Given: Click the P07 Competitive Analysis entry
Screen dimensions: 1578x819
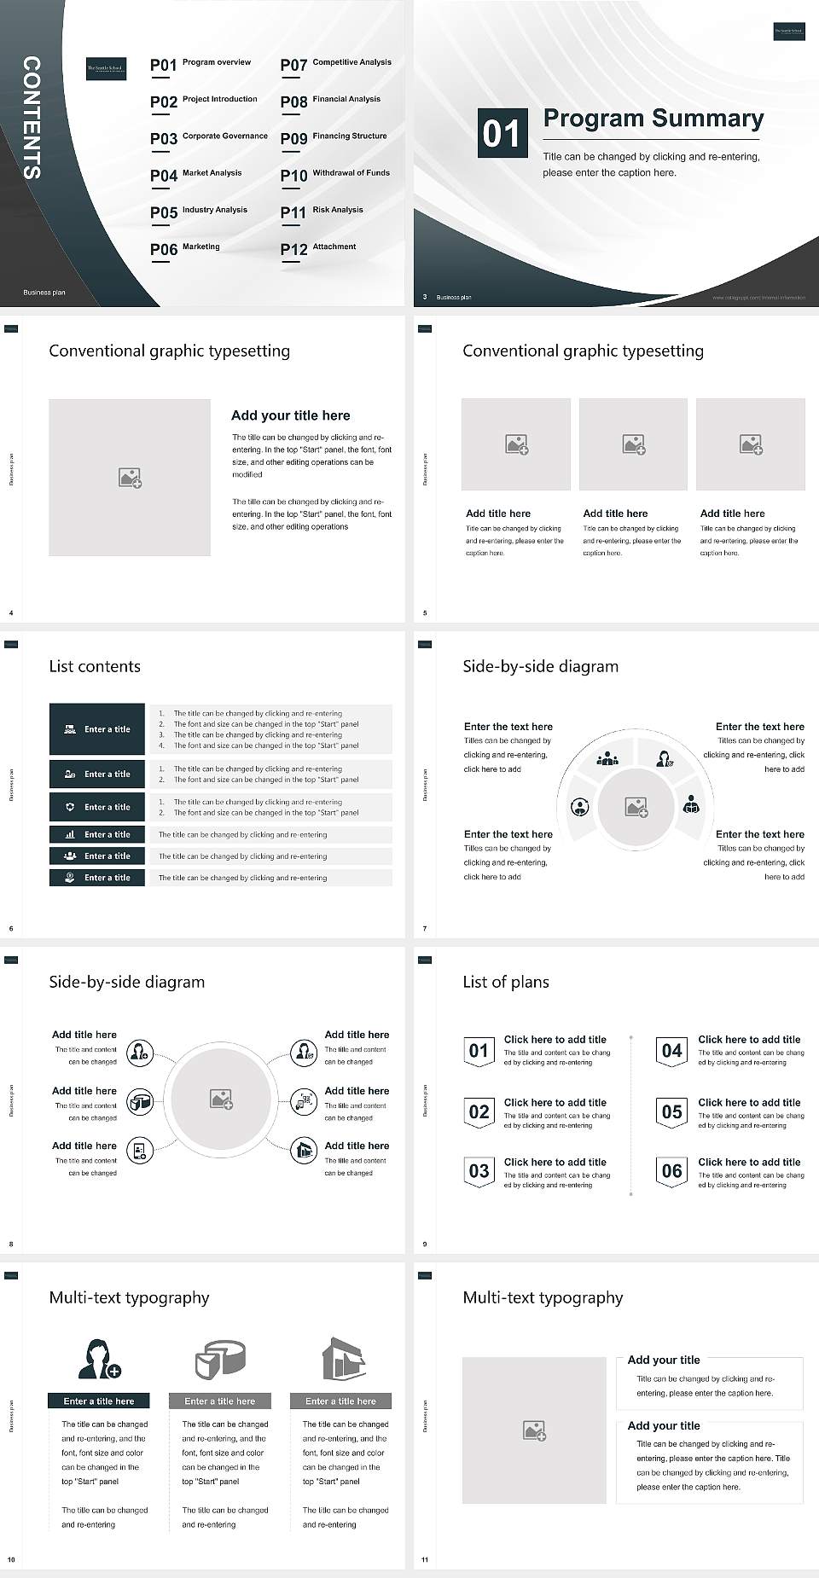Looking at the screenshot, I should click(335, 64).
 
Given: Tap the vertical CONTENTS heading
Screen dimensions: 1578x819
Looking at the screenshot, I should click(32, 117).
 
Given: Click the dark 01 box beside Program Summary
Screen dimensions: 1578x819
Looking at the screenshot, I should click(501, 133).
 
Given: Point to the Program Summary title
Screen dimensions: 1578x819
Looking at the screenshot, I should click(653, 119).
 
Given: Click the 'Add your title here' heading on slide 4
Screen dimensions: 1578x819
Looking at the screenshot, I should click(290, 415).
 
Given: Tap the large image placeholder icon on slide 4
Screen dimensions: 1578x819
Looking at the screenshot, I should click(130, 478).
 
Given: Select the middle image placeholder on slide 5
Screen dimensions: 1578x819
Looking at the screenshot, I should click(633, 444).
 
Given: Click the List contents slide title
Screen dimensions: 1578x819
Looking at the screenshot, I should click(95, 667).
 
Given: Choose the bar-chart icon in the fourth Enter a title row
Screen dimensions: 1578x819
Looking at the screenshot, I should click(70, 834).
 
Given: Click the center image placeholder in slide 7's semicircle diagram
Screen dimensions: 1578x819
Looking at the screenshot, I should click(636, 806).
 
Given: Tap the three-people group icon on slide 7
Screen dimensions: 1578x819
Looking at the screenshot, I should click(607, 758).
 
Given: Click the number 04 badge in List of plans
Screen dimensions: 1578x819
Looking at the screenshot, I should click(672, 1051).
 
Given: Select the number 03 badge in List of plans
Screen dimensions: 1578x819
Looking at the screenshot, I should click(479, 1172).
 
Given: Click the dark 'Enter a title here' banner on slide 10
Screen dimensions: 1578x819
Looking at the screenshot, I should click(99, 1401).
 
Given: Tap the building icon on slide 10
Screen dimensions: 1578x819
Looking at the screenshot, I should click(343, 1358).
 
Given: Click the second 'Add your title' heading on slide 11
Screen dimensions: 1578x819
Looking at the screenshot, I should click(664, 1425).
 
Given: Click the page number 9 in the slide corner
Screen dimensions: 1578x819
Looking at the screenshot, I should click(425, 1244).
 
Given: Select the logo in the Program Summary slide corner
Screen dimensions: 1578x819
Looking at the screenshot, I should click(788, 32).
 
